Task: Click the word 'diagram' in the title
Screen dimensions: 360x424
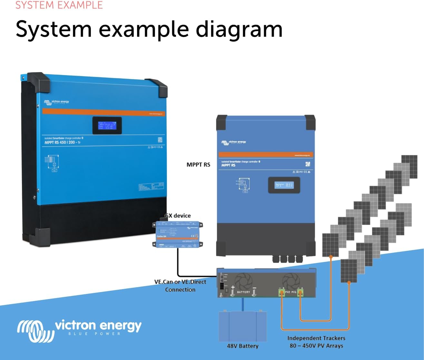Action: coord(239,29)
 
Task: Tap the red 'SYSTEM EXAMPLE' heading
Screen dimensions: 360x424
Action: coord(59,5)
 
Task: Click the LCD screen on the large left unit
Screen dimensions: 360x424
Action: coord(107,125)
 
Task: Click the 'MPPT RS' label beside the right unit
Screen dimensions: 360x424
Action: coord(198,165)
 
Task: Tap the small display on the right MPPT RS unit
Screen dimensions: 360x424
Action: coord(284,185)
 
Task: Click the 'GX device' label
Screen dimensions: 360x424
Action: coord(178,216)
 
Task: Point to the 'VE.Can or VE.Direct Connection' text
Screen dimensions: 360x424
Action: coord(180,286)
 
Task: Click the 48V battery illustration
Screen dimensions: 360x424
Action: coord(243,326)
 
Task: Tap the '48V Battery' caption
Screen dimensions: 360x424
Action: coord(243,346)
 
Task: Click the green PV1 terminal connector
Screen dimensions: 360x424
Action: coord(300,293)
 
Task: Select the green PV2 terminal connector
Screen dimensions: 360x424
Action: coord(282,293)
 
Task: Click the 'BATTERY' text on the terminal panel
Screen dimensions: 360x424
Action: coord(243,292)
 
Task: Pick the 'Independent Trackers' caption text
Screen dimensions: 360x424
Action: coord(316,338)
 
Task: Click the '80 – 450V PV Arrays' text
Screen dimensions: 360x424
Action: coord(316,346)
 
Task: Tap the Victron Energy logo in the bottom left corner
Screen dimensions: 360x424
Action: coord(79,330)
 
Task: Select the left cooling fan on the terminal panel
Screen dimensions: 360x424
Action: coord(244,281)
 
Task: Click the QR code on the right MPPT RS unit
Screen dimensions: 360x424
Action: coord(307,164)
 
